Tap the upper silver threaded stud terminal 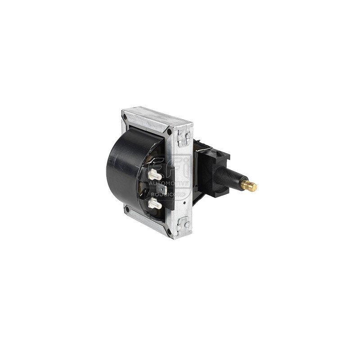click(x=154, y=175)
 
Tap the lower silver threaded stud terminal click(x=154, y=204)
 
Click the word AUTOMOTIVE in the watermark click(x=169, y=183)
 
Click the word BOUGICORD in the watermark click(x=165, y=194)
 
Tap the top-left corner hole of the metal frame click(x=125, y=116)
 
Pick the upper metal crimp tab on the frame click(x=184, y=136)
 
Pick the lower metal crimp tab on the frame click(x=184, y=223)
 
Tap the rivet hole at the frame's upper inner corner click(x=169, y=132)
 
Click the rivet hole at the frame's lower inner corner click(x=169, y=231)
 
